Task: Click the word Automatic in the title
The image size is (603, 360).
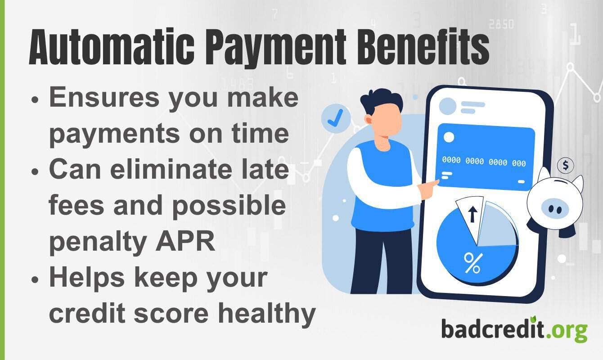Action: (112, 47)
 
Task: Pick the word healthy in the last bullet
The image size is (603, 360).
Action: (267, 314)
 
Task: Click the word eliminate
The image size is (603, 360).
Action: (171, 170)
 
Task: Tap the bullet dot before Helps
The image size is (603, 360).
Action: (35, 279)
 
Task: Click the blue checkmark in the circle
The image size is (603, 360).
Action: (335, 117)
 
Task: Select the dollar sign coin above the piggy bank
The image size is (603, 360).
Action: (565, 165)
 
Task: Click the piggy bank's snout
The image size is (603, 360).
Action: (555, 208)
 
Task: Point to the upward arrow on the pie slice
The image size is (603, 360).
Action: (472, 214)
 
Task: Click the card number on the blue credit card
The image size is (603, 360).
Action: (484, 162)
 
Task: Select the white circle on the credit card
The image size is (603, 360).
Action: (449, 137)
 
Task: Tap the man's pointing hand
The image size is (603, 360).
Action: (428, 189)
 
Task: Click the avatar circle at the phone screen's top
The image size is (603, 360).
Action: (447, 106)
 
